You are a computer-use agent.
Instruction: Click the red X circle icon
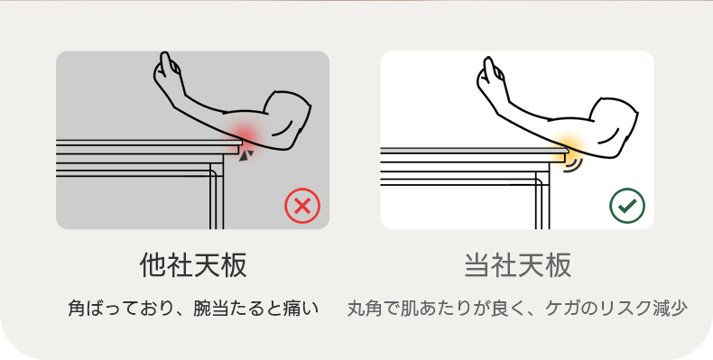[x=302, y=206]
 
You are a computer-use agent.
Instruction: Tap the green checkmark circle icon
[x=627, y=206]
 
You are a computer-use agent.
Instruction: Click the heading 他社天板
[x=193, y=265]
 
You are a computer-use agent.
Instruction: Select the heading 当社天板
[x=517, y=265]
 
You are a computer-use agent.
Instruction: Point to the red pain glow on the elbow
[x=245, y=135]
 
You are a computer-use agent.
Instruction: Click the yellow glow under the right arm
[x=569, y=144]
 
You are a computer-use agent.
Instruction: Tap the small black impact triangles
[x=246, y=155]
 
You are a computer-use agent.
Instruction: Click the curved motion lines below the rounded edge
[x=574, y=165]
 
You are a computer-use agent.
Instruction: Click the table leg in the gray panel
[x=217, y=196]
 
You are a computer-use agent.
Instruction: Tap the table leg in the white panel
[x=542, y=200]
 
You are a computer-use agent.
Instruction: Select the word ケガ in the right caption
[x=560, y=309]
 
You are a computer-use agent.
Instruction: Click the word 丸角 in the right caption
[x=364, y=309]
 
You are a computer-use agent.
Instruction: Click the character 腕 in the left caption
[x=201, y=309]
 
